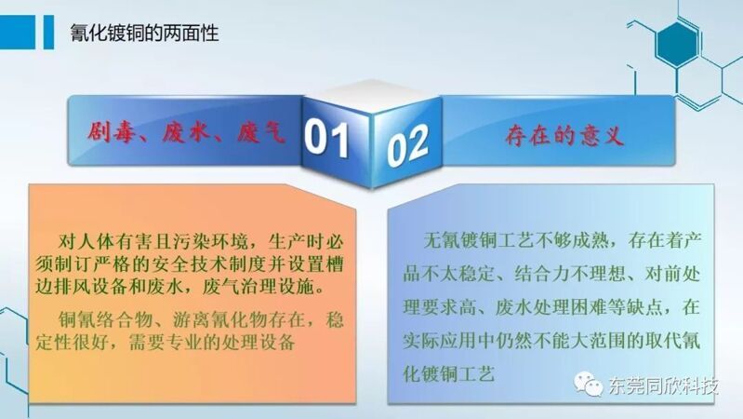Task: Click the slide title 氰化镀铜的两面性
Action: (144, 34)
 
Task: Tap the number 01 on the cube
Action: (326, 139)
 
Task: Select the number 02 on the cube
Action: (407, 145)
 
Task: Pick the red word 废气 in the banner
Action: (261, 132)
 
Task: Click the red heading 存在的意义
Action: (564, 136)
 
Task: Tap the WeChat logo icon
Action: (588, 384)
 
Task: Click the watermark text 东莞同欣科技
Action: (663, 385)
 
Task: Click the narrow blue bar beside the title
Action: (48, 32)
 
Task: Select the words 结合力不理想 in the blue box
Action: (571, 275)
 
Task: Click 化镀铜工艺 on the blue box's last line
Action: (449, 373)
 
